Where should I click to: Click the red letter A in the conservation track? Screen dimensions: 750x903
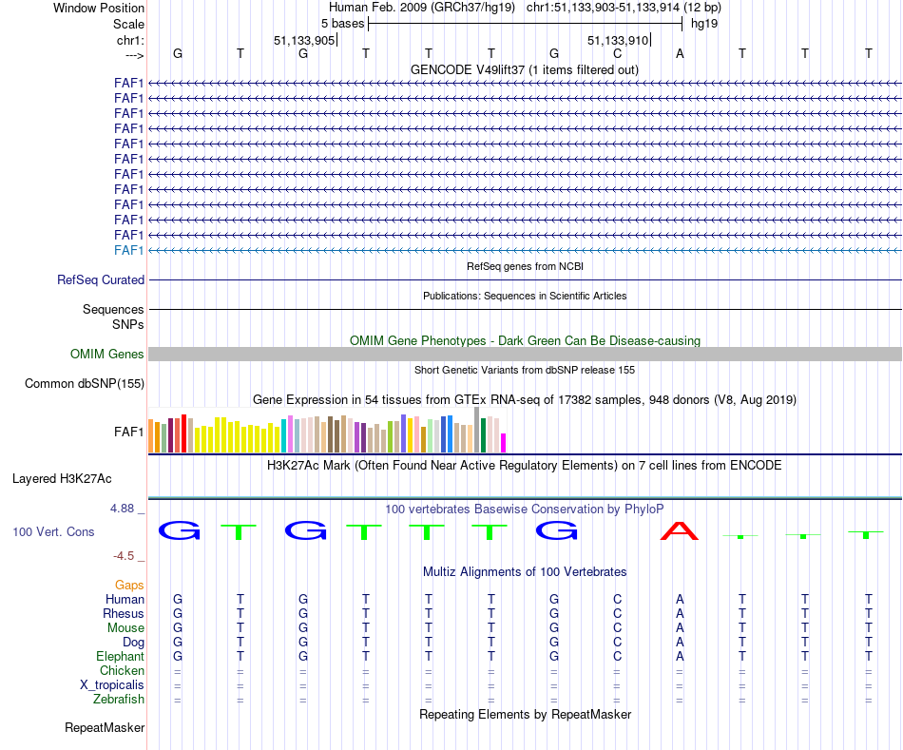680,530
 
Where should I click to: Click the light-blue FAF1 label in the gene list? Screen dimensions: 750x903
128,250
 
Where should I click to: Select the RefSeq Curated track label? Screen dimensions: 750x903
101,280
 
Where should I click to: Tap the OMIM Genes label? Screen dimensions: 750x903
107,355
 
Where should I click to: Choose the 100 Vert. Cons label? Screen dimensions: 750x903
54,532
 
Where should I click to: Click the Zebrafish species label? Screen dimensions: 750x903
119,700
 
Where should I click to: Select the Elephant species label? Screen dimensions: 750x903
120,657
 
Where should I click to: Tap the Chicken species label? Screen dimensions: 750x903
122,671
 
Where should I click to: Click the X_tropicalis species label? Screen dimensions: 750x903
112,685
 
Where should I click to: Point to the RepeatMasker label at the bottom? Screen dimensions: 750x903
105,728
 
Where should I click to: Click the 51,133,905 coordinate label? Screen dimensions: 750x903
303,41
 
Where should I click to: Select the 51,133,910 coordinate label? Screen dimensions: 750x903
618,41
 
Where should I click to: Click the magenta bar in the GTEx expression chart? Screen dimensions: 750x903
504,443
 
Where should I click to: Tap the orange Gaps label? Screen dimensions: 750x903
129,586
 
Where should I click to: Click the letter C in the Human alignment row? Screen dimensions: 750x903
617,600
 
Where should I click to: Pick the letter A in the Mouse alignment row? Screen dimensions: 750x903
680,628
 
